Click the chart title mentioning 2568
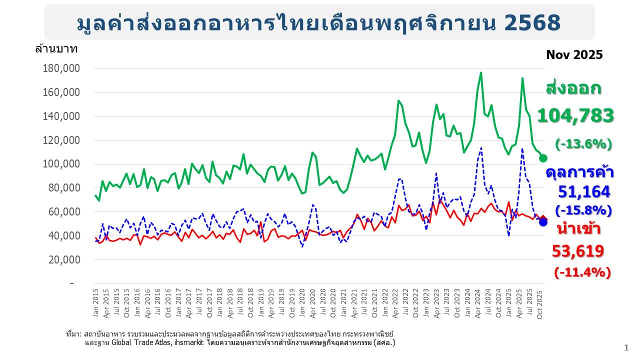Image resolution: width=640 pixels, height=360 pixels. click(x=319, y=22)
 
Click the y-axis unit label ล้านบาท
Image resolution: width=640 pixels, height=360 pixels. click(x=56, y=49)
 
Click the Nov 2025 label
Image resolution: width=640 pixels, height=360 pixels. click(x=574, y=55)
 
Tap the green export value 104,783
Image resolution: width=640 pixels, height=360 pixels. click(x=575, y=116)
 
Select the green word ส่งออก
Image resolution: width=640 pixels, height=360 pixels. click(x=573, y=89)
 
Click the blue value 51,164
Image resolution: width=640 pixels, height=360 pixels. click(x=584, y=191)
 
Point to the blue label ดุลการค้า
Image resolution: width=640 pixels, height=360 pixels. click(x=580, y=172)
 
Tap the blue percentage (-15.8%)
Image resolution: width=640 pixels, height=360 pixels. click(x=583, y=210)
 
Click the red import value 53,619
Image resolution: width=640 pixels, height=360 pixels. click(x=577, y=251)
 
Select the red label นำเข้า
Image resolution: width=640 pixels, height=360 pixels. click(x=576, y=229)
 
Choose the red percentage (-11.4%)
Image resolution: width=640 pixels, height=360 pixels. click(x=582, y=272)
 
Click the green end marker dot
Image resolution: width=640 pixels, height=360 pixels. click(x=543, y=158)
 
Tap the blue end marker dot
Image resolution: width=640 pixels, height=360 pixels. click(x=543, y=222)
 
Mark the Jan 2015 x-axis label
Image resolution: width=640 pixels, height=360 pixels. click(x=95, y=301)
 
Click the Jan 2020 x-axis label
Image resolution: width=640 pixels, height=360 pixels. click(x=302, y=301)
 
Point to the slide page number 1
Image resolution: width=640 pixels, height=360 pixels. click(x=626, y=347)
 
